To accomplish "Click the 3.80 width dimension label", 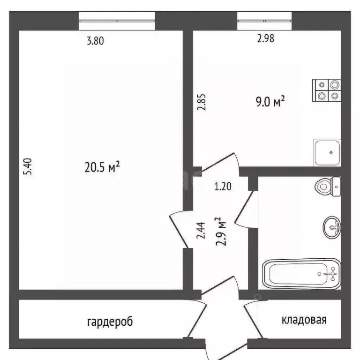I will (95, 40).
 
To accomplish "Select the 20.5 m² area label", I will (102, 166).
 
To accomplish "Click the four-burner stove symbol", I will (327, 90).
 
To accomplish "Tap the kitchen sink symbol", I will (327, 152).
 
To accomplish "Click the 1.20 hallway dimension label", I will (223, 187).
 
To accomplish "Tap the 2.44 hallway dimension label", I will (201, 231).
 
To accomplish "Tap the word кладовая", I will (304, 320).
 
